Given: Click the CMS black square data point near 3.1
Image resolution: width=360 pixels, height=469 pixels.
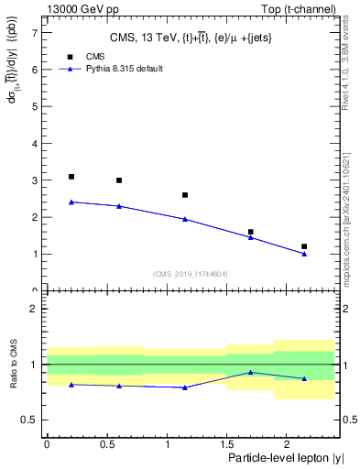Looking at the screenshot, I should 71,177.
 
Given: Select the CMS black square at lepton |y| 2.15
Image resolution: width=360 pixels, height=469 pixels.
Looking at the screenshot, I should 304,246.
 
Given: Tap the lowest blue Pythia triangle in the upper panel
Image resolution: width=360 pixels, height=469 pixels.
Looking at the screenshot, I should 304,254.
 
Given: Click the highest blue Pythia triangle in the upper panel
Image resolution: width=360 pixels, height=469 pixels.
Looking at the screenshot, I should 71,202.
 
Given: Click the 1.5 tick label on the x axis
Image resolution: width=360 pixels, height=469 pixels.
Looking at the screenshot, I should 226,443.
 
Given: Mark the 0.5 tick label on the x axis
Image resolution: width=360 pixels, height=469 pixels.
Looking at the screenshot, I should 106,443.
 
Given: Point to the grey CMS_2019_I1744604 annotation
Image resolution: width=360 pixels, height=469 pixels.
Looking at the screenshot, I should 190,274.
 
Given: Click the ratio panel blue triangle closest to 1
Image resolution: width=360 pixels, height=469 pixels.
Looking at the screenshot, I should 250,372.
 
